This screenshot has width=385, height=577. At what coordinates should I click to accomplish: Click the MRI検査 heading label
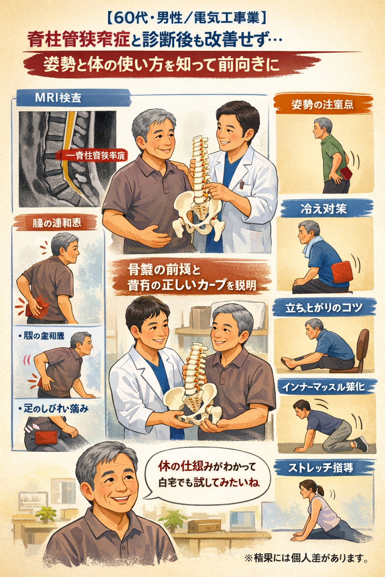(x=58, y=98)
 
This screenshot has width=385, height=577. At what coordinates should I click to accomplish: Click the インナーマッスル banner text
(x=324, y=387)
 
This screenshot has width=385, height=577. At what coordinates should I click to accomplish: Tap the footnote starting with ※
(x=306, y=558)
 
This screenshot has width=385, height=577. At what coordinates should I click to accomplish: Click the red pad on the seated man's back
(x=342, y=272)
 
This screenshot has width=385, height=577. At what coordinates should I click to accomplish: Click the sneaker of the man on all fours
(x=362, y=444)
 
